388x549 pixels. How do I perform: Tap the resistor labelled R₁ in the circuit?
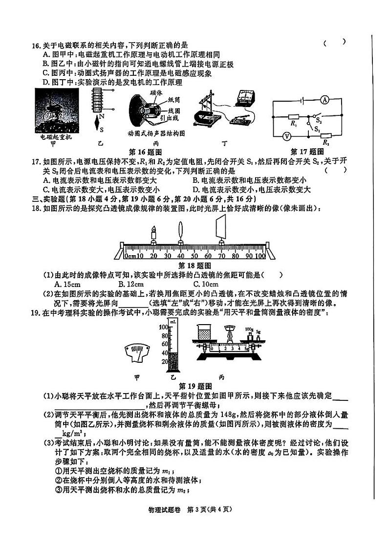(x=294, y=117)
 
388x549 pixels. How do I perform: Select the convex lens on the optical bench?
(x=181, y=230)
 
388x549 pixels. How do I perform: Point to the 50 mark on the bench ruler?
(x=194, y=256)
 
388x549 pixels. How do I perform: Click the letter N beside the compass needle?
(x=101, y=117)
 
